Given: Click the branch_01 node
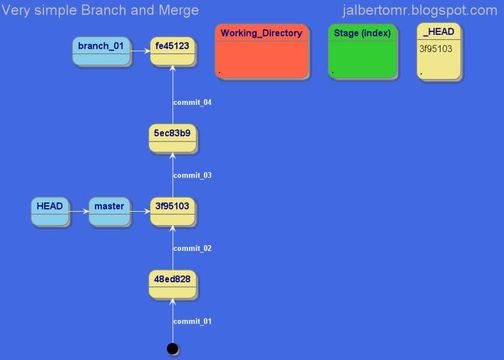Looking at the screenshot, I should pos(101,51).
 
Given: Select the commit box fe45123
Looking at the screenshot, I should pos(172,51).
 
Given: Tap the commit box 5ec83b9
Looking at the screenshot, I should pos(172,137).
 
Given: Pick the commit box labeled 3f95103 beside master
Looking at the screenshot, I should pos(172,211).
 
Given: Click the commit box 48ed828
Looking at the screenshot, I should pos(172,284).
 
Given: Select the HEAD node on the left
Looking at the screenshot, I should pos(50,211).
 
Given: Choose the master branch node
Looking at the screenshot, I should pos(109,211).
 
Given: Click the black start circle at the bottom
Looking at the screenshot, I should pos(172,348).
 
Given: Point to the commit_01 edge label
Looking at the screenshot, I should pos(192,322).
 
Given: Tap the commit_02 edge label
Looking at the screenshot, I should pos(192,248).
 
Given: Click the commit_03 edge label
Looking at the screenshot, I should pos(192,175).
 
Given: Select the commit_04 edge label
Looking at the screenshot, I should pos(192,102).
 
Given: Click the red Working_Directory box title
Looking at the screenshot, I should pos(261,33).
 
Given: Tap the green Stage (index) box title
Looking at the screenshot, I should pos(362,33).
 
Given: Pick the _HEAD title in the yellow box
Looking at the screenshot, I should pos(438,32).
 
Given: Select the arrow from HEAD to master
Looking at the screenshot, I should pos(78,211).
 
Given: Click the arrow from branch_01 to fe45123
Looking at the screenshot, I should pos(140,51).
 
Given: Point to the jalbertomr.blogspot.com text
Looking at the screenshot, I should pos(419,10).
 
